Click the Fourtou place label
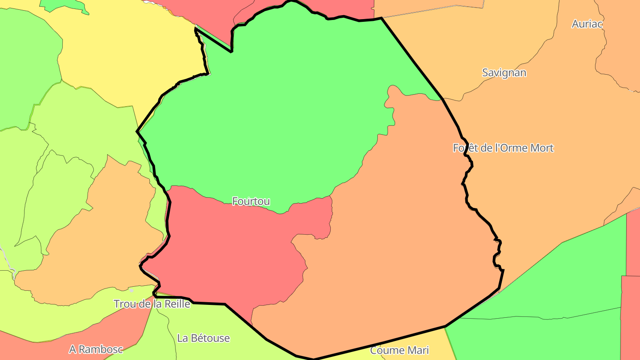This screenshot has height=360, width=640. tap(251, 201)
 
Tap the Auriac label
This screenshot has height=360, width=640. tap(587, 24)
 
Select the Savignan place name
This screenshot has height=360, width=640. tap(504, 72)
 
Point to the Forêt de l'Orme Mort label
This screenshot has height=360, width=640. tap(503, 148)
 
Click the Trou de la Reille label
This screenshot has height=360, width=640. tap(152, 304)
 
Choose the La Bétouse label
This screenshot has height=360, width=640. tap(203, 338)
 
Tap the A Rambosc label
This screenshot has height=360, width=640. tap(96, 349)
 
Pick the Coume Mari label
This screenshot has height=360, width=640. tap(399, 350)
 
